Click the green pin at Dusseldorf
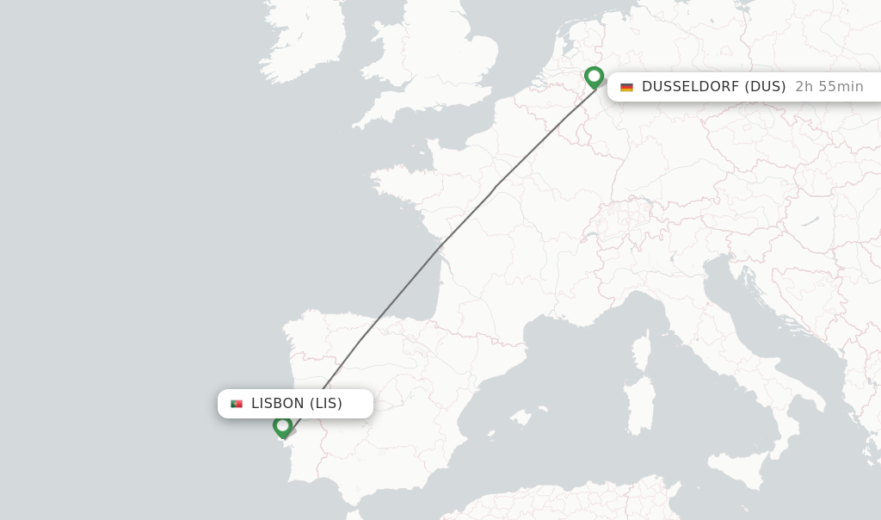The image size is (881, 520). pos(594,77)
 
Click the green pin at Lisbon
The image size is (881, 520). pos(282,425)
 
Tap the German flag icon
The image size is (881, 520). pos(626,87)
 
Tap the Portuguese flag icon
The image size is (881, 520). pos(237,404)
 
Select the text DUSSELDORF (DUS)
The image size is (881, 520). pos(713,87)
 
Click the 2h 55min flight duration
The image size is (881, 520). pos(829,87)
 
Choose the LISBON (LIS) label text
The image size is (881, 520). pos(296,404)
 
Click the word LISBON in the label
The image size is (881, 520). pos(277,404)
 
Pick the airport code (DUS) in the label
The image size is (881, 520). pos(765,87)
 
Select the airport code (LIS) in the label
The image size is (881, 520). pos(326,404)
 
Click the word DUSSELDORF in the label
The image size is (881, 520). pos(690,87)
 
